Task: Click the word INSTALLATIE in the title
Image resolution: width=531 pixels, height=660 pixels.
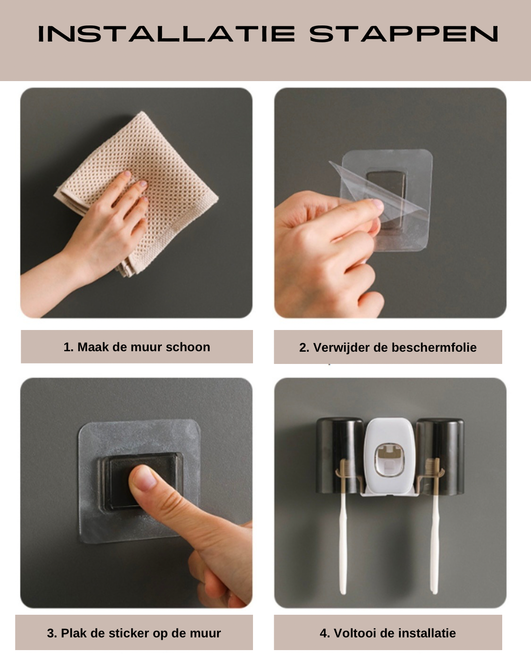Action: [166, 34]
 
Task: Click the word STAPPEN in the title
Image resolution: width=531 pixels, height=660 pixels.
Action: [404, 34]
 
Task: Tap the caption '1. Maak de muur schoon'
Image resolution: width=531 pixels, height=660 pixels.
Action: [136, 347]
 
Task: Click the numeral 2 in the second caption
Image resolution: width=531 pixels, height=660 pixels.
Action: [302, 347]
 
